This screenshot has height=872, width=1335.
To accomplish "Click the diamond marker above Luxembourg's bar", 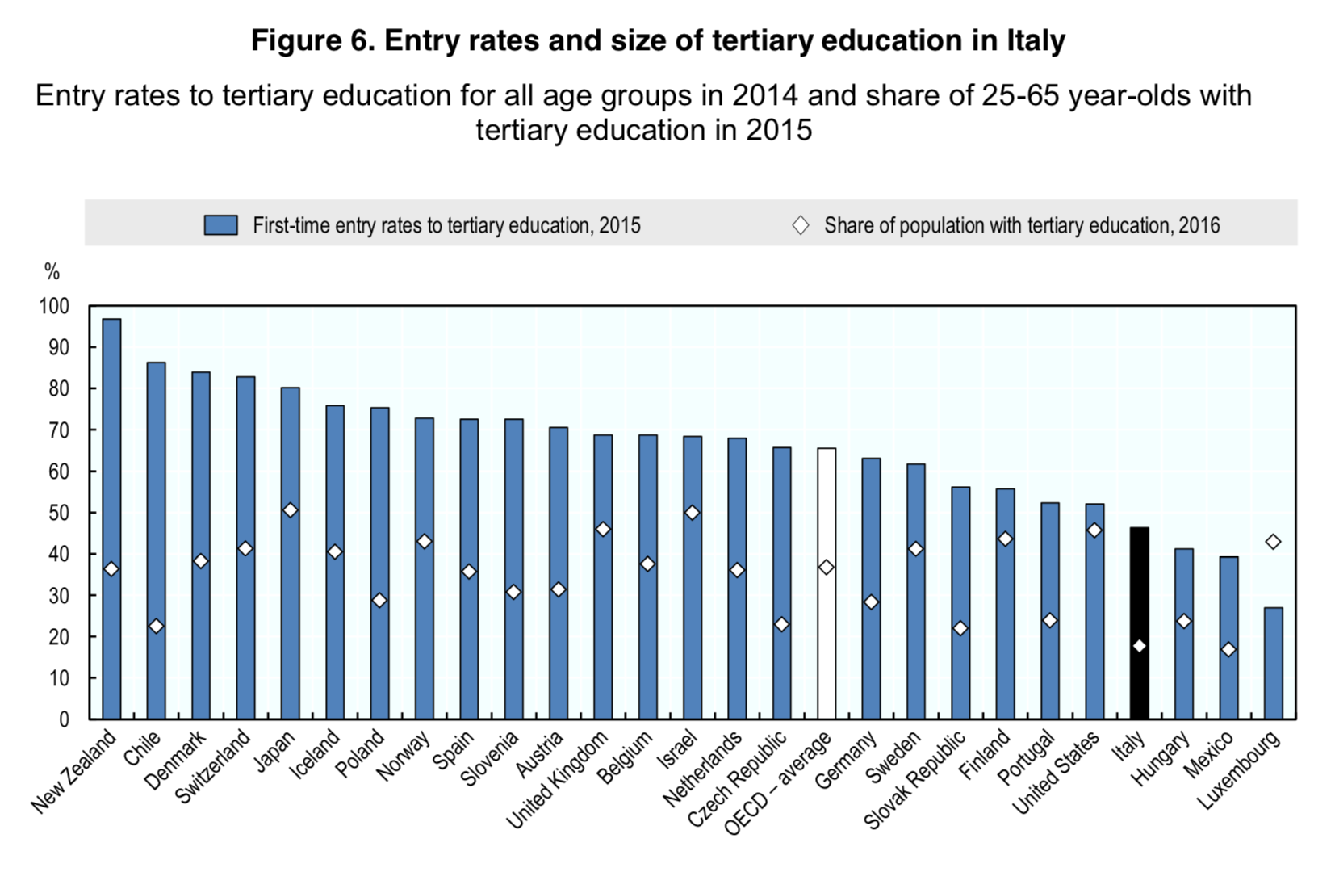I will pos(1273,542).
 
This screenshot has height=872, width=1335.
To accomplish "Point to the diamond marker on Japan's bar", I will pos(290,510).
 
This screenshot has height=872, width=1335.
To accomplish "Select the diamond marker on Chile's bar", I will pos(156,627).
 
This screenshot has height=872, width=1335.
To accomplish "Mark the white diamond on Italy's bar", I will pos(1139,646).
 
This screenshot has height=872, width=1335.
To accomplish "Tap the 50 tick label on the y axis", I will pos(59,513).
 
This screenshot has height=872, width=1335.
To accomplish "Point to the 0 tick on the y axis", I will pos(64,719).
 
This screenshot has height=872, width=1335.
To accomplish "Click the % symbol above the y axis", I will pos(52,272).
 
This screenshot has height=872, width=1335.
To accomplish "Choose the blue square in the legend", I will pos(220,225).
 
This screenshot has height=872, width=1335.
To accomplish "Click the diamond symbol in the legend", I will pos(800,225).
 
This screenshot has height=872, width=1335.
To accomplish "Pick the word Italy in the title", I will pos(1036,40).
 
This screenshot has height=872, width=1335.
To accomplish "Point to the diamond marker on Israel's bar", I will pos(692,513).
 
